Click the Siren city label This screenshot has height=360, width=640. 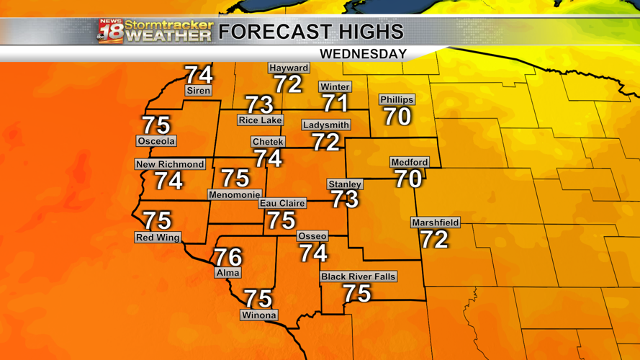click(199, 91)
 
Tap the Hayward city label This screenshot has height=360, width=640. click(289, 68)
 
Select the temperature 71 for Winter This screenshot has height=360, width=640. click(335, 103)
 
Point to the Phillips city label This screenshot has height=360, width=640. click(397, 99)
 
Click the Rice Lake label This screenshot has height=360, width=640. click(260, 120)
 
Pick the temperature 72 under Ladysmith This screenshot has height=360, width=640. click(326, 142)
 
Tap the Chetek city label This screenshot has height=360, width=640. click(268, 142)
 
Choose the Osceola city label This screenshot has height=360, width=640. click(156, 141)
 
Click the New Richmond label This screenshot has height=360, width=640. click(170, 164)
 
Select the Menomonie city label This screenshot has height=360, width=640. click(234, 194)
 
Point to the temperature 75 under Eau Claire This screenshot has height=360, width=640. click(281, 220)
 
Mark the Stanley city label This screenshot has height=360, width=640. click(344, 184)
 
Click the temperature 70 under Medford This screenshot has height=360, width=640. click(408, 179)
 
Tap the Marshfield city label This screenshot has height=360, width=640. click(436, 222)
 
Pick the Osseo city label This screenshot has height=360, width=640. click(312, 236)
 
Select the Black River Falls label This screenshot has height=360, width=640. click(359, 276)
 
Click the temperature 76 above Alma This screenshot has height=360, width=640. click(227, 256)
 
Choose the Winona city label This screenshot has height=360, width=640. click(258, 315)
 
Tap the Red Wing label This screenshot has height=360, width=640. click(158, 238)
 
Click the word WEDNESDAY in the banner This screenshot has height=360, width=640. click(364, 54)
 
